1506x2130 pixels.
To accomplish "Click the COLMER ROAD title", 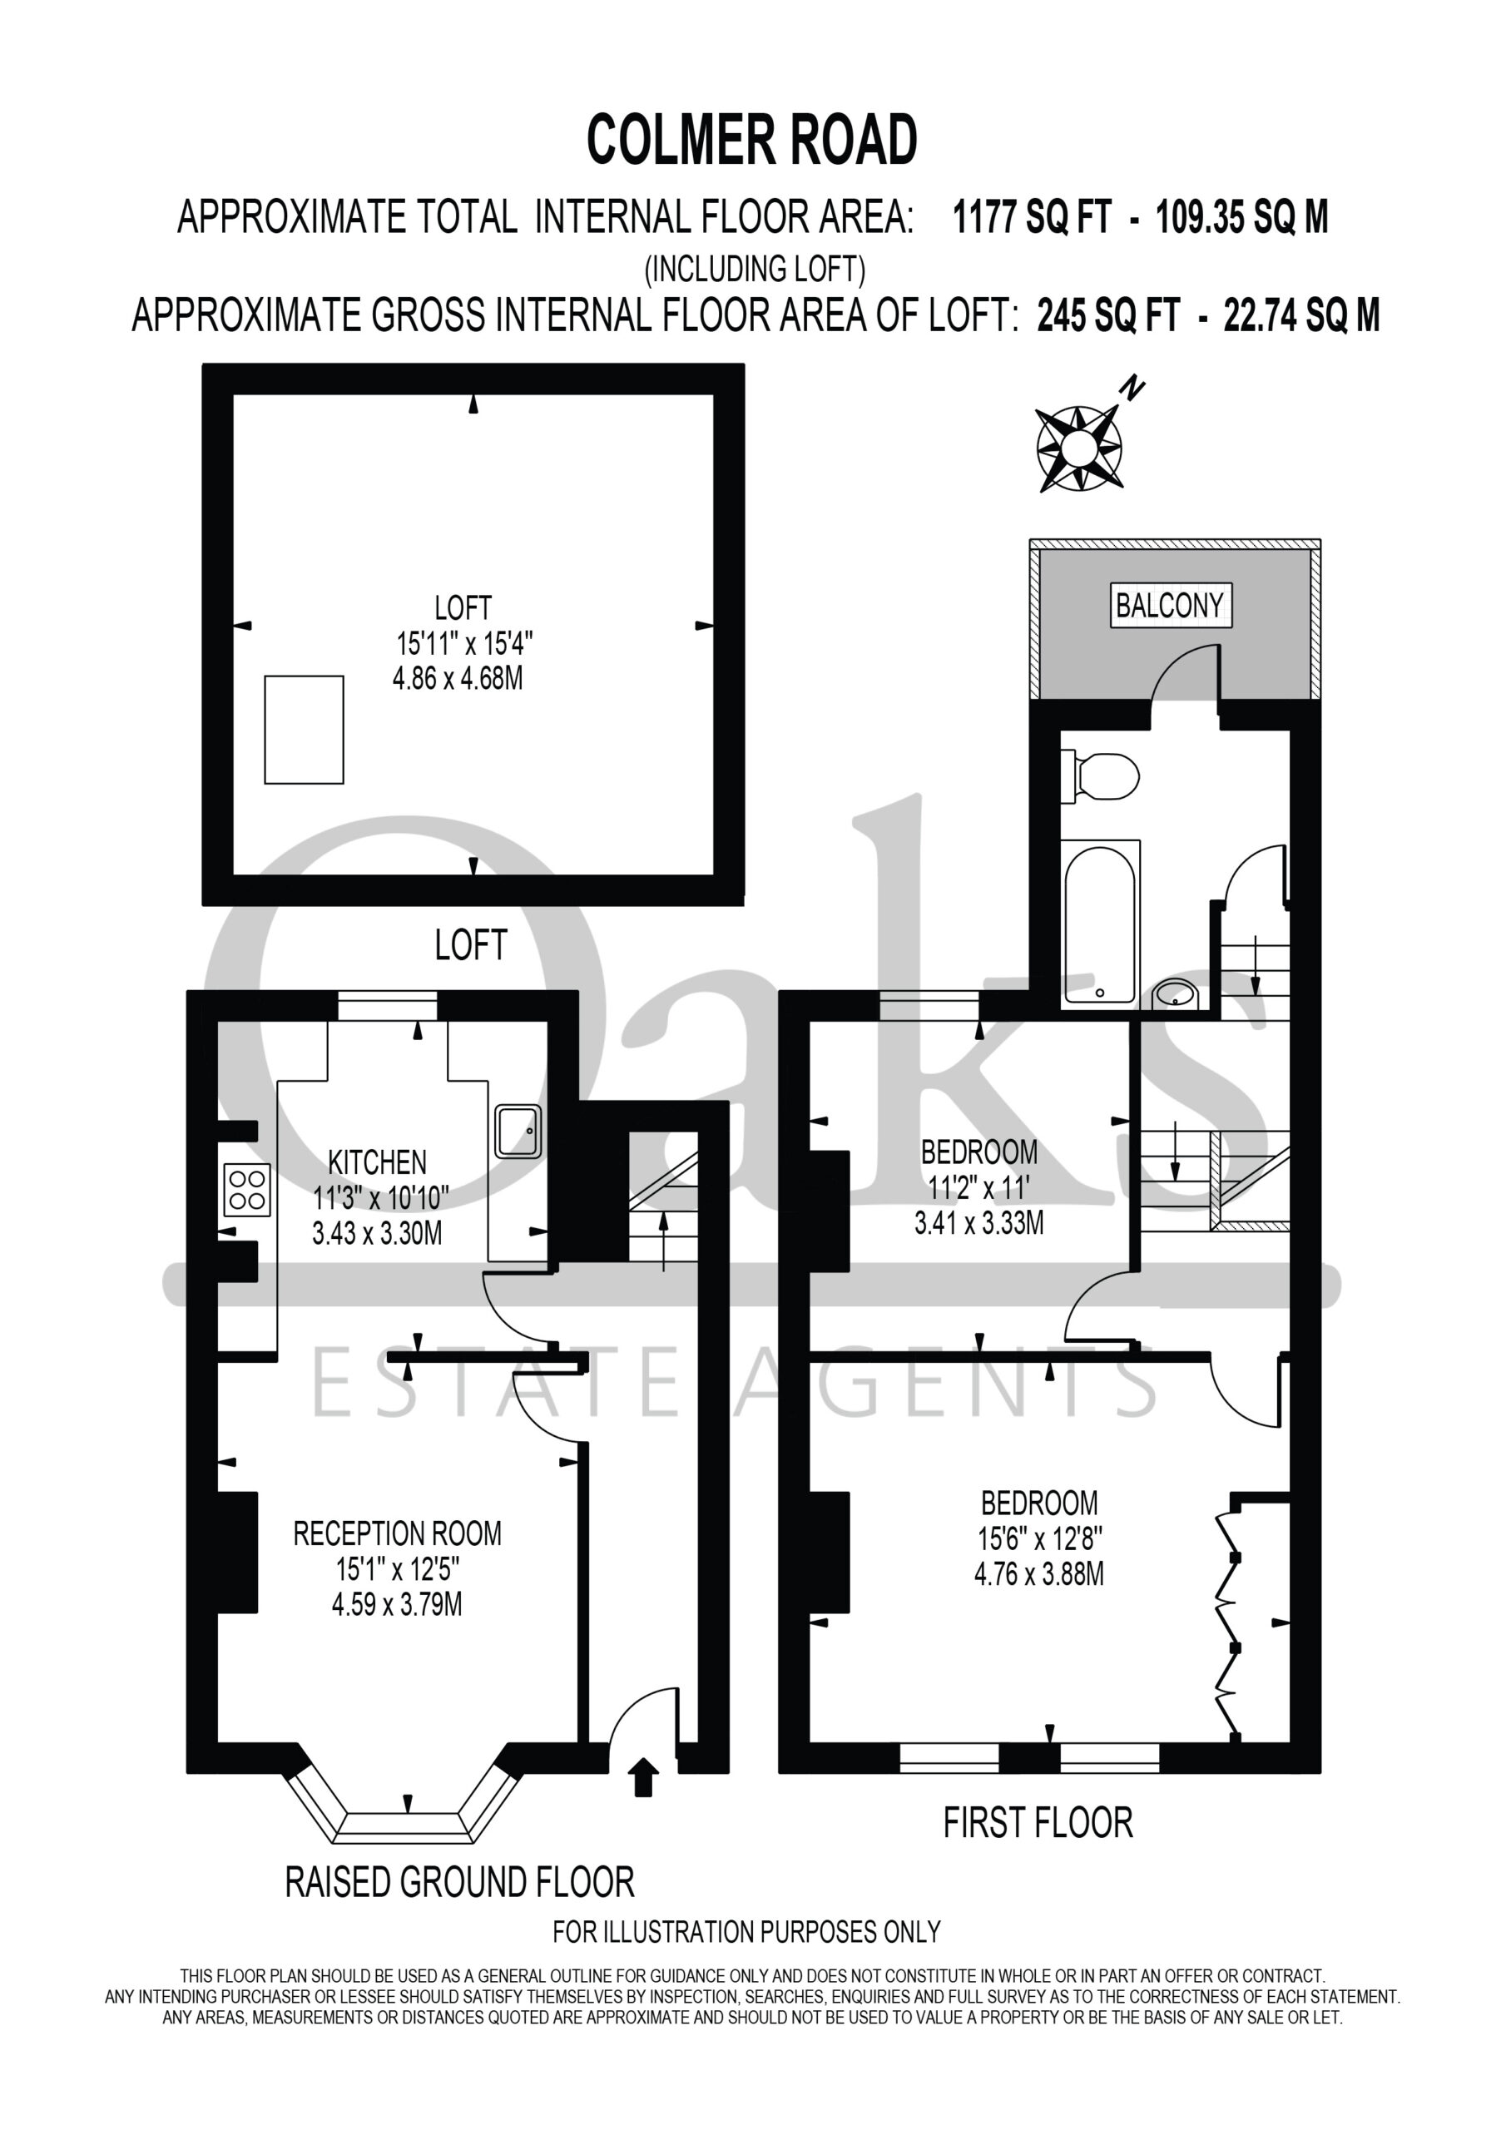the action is (x=751, y=140).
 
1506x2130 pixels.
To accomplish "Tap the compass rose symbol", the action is (x=1078, y=449).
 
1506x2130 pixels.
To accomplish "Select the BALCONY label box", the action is (x=1170, y=606).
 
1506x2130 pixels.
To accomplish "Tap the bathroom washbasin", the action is (x=1177, y=994).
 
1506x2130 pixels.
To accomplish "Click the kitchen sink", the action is (x=518, y=1130).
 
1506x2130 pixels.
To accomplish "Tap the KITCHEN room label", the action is (x=378, y=1162).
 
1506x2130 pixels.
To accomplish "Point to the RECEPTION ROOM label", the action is (x=397, y=1533).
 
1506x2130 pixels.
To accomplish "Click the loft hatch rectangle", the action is (x=305, y=730).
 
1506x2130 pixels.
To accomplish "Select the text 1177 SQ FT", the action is (x=1032, y=217).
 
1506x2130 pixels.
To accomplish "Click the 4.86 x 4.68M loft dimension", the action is (x=458, y=678).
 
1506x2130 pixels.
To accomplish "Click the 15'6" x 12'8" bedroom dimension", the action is (x=1039, y=1539).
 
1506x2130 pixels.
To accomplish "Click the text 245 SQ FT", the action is (x=1108, y=315).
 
